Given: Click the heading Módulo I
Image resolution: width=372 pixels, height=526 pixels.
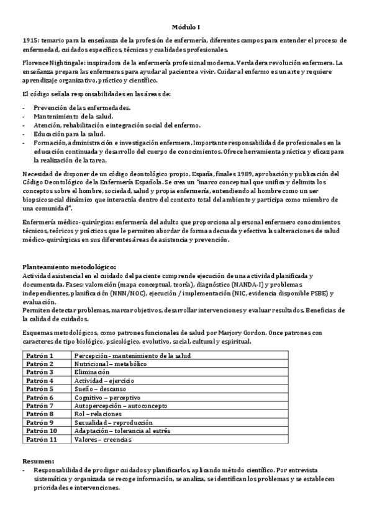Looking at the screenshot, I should [186, 27].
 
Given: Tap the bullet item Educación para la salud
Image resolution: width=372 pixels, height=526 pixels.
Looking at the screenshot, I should [69, 133].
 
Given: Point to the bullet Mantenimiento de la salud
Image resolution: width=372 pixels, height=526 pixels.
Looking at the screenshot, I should [73, 116].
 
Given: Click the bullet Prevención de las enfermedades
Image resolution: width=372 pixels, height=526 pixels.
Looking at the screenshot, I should [82, 107].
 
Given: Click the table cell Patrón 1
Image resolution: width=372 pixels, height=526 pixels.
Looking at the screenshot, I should [39, 355].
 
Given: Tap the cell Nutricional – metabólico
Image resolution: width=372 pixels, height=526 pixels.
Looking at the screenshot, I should [110, 363].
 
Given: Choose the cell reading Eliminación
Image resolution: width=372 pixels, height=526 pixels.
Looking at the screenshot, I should [96, 372].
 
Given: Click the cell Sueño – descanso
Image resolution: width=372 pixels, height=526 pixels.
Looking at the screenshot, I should [101, 389].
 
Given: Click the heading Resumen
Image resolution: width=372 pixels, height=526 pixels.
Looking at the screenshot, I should [38, 461].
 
